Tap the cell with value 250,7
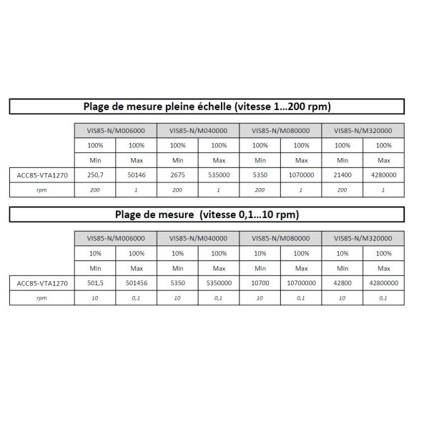(x=94, y=174)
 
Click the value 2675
(x=177, y=174)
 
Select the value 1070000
(x=301, y=174)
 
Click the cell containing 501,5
(x=94, y=282)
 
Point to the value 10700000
(x=301, y=282)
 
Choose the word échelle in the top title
(x=241, y=107)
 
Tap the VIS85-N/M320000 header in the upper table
(x=363, y=130)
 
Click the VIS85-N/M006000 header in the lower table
(x=115, y=238)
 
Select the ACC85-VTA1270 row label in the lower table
(x=41, y=282)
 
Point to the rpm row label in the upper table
(x=41, y=189)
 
